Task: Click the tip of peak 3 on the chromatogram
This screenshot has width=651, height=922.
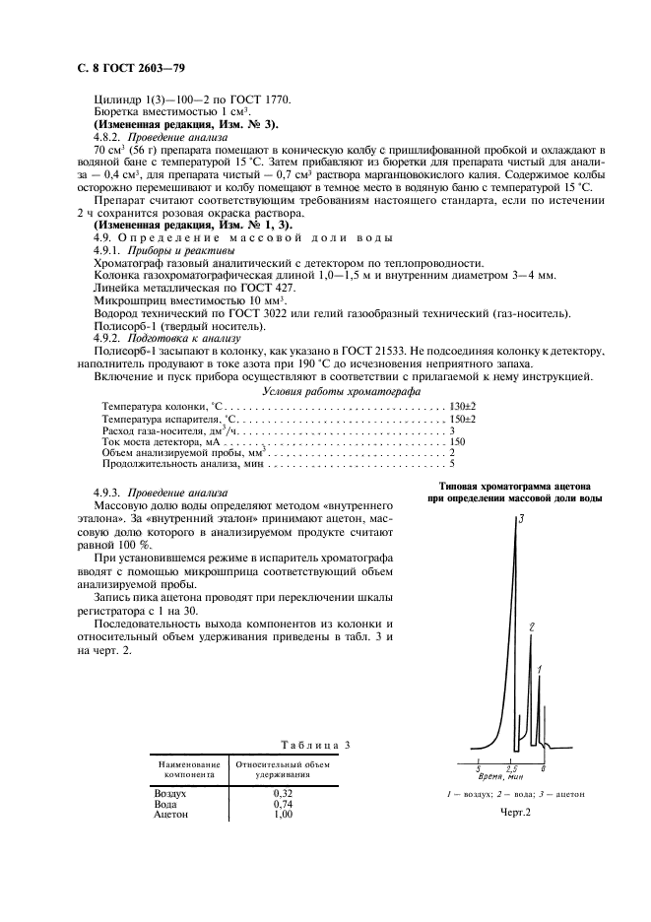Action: pos(515,521)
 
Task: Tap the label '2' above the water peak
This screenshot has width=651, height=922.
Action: pos(531,626)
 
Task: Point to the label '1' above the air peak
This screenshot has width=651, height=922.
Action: pos(541,670)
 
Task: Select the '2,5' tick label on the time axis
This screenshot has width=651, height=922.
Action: pos(511,767)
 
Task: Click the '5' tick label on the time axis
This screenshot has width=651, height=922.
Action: pos(478,767)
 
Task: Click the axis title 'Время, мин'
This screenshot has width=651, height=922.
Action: pos(501,776)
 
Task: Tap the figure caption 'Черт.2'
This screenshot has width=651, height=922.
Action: pos(515,813)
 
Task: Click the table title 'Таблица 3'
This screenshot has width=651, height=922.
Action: pos(315,746)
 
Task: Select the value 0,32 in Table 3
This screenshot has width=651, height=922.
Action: pos(284,793)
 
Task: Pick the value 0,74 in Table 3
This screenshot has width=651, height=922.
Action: pos(284,804)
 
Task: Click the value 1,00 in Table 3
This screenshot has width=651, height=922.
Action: pos(284,816)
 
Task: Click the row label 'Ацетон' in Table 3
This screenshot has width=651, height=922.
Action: pos(171,816)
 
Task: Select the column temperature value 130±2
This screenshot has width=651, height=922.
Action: pos(463,406)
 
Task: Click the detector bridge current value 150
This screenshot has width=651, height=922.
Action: pos(457,443)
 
